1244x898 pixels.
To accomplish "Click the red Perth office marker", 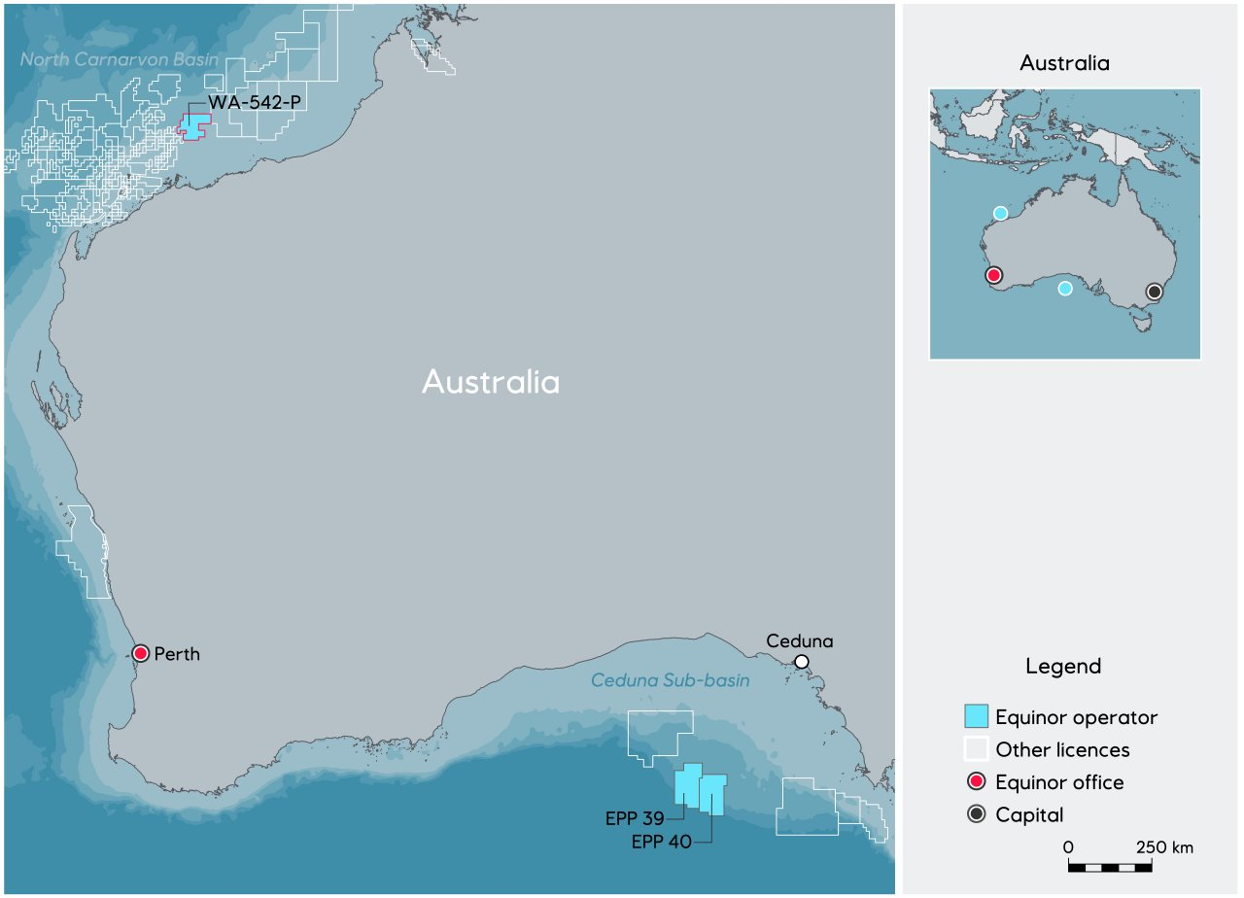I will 141,653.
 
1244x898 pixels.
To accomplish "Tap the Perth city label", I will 177,654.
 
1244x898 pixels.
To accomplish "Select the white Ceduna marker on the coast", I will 802,662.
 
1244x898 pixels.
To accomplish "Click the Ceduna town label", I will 800,641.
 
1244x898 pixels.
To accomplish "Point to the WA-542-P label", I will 251,102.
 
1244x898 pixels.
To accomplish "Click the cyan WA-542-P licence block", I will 195,127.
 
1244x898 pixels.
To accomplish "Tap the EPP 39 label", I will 634,819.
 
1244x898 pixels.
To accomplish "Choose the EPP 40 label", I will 661,843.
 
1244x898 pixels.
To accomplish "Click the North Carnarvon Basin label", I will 120,60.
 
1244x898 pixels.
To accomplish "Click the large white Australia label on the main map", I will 491,382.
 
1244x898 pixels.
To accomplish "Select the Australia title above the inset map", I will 1064,64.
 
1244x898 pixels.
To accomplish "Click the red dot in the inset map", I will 993,275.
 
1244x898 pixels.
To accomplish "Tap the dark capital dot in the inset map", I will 1155,292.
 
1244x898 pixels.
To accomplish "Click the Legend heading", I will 1063,667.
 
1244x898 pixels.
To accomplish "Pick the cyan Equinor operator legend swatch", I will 976,717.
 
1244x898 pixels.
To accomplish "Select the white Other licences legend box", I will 976,749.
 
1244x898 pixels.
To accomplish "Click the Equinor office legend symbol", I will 976,782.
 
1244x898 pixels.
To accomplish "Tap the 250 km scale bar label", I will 1163,847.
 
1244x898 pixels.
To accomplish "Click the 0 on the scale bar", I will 1068,847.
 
